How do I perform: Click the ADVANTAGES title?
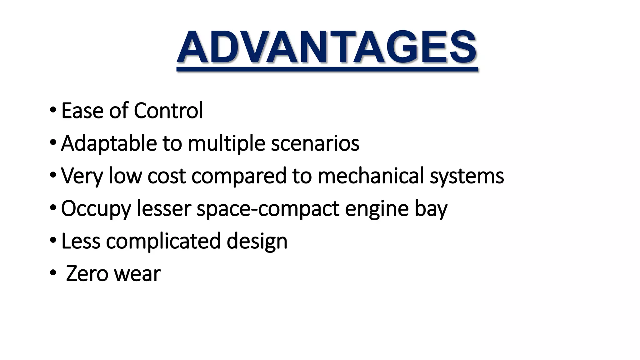(x=327, y=47)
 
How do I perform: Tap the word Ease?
(x=82, y=111)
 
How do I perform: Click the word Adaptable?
(x=109, y=144)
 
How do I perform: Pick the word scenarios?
(x=315, y=144)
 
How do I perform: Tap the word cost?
(x=167, y=176)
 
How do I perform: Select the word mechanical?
(x=371, y=176)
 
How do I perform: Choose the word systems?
(x=467, y=176)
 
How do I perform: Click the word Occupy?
(x=96, y=209)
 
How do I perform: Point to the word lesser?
(x=164, y=209)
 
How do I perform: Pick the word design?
(x=257, y=242)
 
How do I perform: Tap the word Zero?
(x=87, y=274)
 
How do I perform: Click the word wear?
(x=137, y=274)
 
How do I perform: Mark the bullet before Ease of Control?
(x=53, y=110)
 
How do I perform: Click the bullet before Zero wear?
(x=53, y=273)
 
